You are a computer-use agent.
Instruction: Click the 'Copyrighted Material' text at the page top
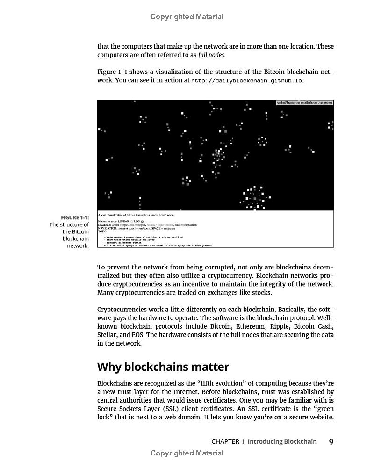(187, 17)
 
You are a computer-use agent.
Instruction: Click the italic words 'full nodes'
(211, 55)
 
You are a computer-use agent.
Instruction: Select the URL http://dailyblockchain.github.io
(247, 80)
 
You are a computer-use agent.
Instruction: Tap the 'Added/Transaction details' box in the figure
(304, 102)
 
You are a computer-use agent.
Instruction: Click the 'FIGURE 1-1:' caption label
(75, 217)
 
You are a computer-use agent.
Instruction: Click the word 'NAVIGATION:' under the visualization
(107, 228)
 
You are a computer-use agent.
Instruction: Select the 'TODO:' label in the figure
(102, 231)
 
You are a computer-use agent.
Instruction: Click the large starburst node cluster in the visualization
(255, 196)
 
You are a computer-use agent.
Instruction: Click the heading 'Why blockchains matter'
(163, 367)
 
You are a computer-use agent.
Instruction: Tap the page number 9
(331, 442)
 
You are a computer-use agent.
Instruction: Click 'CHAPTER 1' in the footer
(228, 442)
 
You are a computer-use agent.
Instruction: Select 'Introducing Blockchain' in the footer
(282, 442)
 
